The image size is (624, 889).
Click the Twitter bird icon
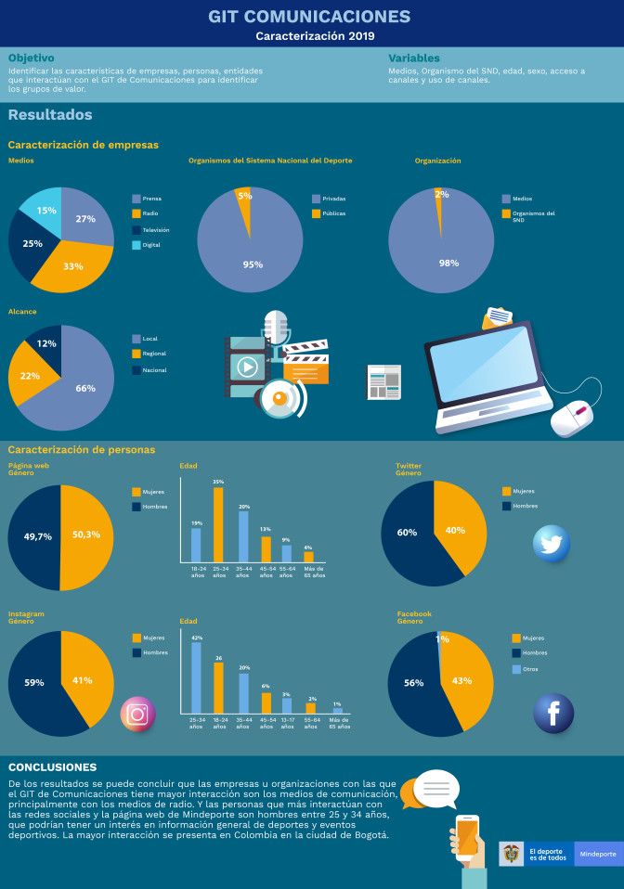click(x=552, y=544)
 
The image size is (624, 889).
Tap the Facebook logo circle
click(x=553, y=713)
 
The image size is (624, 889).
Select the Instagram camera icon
click(x=137, y=715)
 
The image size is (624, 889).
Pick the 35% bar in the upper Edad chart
click(x=218, y=524)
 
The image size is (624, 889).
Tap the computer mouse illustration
click(x=572, y=419)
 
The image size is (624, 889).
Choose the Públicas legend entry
click(x=333, y=213)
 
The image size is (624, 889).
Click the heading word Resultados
click(x=50, y=115)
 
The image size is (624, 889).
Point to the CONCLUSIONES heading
click(x=52, y=767)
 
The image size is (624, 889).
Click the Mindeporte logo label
click(x=597, y=854)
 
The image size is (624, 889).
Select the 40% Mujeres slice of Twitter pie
click(x=456, y=529)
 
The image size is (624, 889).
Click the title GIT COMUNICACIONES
click(x=309, y=17)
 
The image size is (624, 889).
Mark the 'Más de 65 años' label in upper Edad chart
click(x=315, y=573)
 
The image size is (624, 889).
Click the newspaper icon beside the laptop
click(x=383, y=381)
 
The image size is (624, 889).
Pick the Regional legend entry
click(x=155, y=354)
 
